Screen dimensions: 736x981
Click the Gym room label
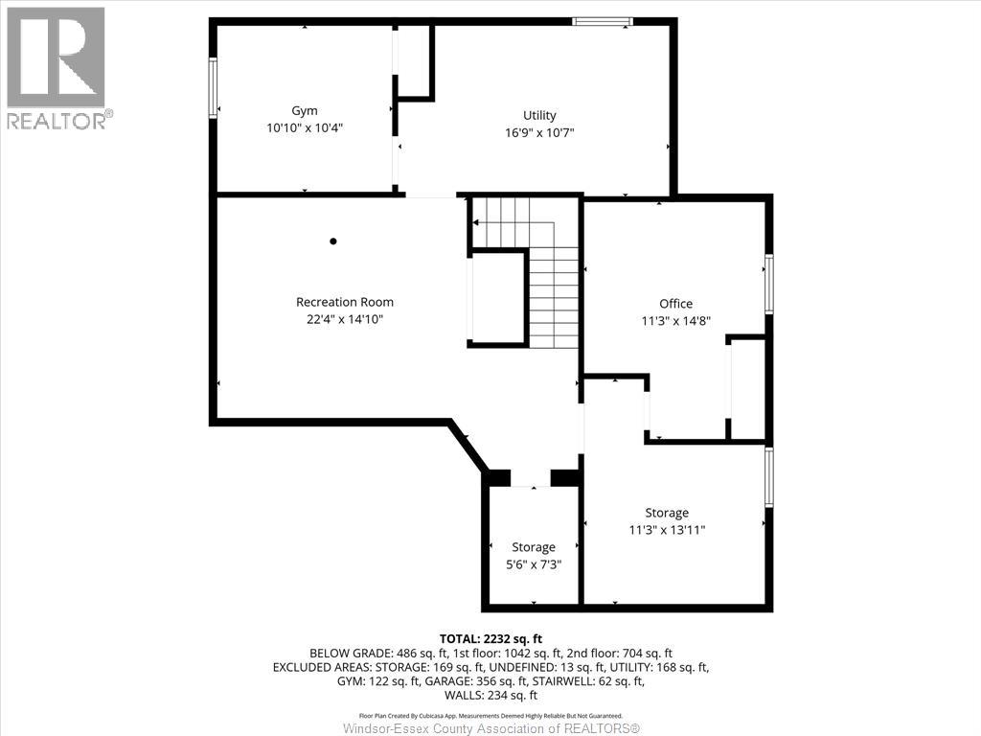pyautogui.click(x=305, y=110)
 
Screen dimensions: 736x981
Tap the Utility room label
pyautogui.click(x=539, y=116)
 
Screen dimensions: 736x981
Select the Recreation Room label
pyautogui.click(x=345, y=302)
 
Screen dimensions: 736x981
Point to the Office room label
pyautogui.click(x=675, y=304)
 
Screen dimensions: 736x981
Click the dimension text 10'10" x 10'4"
pyautogui.click(x=305, y=127)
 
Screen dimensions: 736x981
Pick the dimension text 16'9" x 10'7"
pyautogui.click(x=539, y=133)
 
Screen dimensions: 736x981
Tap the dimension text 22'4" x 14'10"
pyautogui.click(x=345, y=319)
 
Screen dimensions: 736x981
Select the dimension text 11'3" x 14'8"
pyautogui.click(x=675, y=321)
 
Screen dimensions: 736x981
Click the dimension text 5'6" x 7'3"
pyautogui.click(x=534, y=564)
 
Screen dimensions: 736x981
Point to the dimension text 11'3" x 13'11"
pyautogui.click(x=667, y=530)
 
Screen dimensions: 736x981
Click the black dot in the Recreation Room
pyautogui.click(x=333, y=241)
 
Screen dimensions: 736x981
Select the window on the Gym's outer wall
pyautogui.click(x=213, y=88)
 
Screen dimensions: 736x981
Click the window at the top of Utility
pyautogui.click(x=603, y=21)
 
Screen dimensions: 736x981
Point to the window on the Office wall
pyautogui.click(x=768, y=284)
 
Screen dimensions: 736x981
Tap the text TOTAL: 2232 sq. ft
pyautogui.click(x=490, y=638)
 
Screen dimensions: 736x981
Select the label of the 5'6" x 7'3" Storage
pyautogui.click(x=534, y=547)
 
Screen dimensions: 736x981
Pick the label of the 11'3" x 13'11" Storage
pyautogui.click(x=667, y=513)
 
